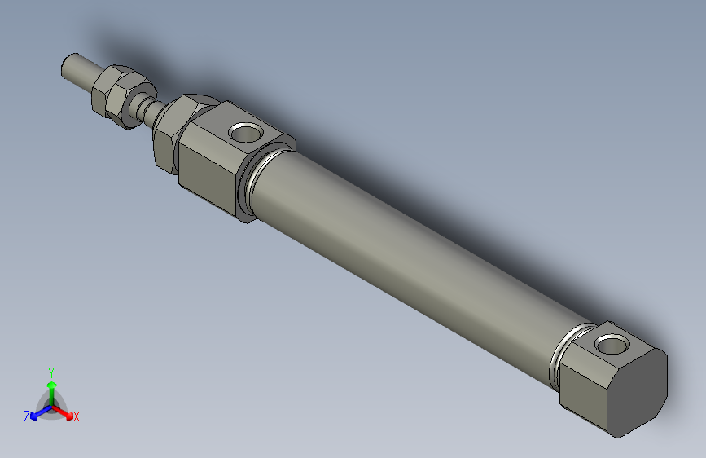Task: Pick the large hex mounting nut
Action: click(x=171, y=130)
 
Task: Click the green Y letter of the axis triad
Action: click(x=50, y=372)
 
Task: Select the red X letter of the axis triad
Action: click(x=77, y=417)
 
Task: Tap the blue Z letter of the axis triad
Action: click(x=27, y=416)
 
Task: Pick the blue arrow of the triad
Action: click(x=37, y=412)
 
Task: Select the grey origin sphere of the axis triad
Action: click(x=52, y=405)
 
